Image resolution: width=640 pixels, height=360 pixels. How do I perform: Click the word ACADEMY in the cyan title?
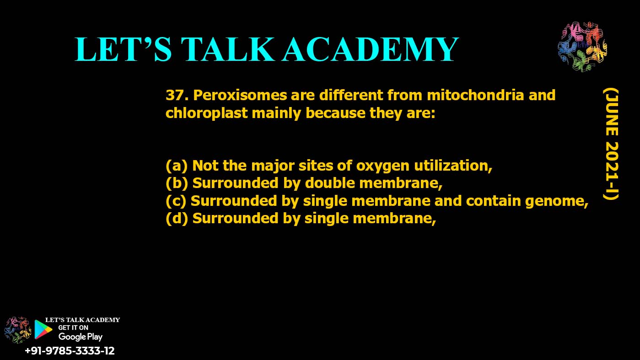(370, 49)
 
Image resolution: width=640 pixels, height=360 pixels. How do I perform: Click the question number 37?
(177, 96)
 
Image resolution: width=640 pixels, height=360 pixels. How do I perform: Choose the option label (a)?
(177, 165)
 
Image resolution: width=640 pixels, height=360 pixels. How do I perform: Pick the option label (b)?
(177, 183)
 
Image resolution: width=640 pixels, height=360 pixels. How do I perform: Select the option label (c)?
(177, 201)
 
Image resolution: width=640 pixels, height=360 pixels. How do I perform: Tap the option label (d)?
(177, 219)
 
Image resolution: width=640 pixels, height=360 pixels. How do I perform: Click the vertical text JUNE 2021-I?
(610, 144)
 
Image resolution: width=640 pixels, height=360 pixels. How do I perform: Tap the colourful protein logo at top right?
(582, 47)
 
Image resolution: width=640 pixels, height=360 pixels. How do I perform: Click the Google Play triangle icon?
(43, 329)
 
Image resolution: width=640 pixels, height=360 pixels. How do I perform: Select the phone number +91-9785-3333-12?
(70, 351)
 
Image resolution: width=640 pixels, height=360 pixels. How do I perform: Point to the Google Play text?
(81, 337)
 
